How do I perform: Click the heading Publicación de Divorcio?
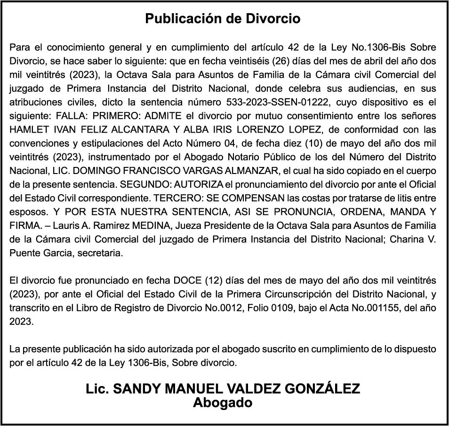click(x=223, y=19)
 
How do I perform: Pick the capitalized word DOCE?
click(x=188, y=281)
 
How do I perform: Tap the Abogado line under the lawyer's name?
click(x=223, y=403)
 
